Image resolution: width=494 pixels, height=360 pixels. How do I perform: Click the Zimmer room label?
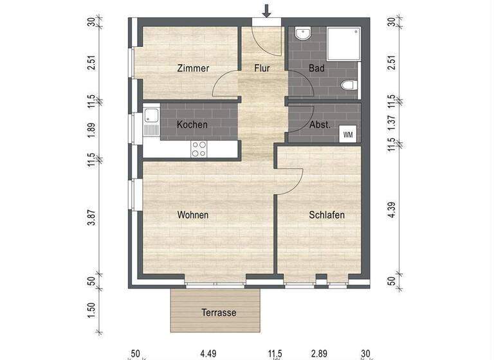(x=193, y=68)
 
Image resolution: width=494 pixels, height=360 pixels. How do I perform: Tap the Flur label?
(x=262, y=68)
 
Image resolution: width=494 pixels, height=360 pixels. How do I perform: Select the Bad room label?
(x=316, y=68)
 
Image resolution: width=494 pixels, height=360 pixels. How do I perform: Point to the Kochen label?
(x=192, y=125)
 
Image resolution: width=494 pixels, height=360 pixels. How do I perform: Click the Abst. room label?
(x=320, y=125)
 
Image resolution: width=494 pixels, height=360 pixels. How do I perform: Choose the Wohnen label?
(x=193, y=215)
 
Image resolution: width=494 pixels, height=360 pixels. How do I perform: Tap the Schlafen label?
(x=327, y=215)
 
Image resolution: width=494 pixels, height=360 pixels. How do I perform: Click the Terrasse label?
(x=219, y=312)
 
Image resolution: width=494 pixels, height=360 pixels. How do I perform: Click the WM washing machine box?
(x=348, y=134)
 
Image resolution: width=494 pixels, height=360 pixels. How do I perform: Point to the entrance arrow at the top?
(x=267, y=11)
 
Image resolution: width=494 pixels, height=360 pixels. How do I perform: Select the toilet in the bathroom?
(x=349, y=85)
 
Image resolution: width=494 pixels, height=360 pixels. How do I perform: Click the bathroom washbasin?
(x=303, y=33)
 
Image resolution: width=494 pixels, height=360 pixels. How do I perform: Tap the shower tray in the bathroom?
(x=343, y=44)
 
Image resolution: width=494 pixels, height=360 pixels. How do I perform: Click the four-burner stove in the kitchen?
(x=199, y=149)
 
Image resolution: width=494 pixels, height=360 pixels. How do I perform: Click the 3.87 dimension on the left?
(x=92, y=218)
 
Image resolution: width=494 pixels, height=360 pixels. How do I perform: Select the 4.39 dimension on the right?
(x=392, y=210)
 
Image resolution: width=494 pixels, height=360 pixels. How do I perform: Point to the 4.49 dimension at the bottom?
(x=208, y=354)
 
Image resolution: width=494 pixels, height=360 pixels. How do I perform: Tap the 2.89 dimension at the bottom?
(x=320, y=354)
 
